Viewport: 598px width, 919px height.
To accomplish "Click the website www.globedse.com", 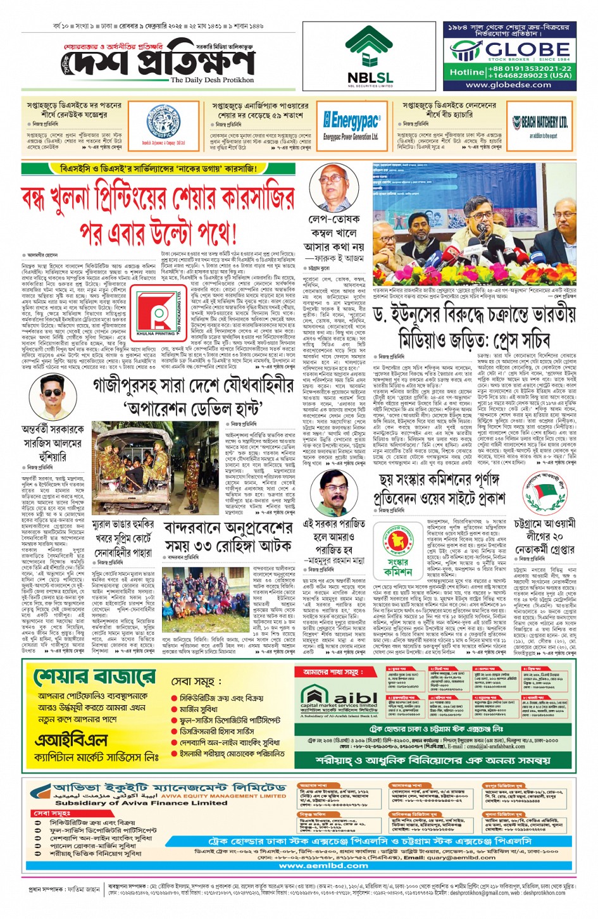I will [508, 84].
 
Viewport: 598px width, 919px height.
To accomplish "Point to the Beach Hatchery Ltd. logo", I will [540, 124].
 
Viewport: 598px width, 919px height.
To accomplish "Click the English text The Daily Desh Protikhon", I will [212, 80].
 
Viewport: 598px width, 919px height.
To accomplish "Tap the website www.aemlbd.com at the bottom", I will [323, 865].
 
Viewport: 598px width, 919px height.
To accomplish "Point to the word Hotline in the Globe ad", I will [467, 72].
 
